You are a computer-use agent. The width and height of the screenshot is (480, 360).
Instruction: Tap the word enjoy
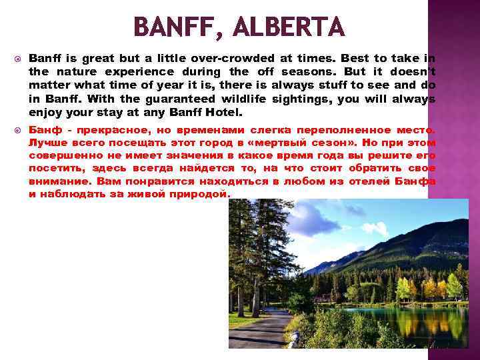[43, 113]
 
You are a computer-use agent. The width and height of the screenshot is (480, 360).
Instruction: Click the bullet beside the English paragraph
[17, 59]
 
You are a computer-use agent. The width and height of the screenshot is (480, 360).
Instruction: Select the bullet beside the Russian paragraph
[17, 130]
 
